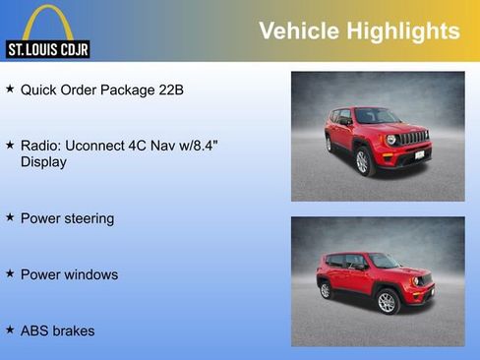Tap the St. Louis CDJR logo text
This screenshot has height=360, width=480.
(x=47, y=48)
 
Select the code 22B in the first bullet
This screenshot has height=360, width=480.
(x=170, y=90)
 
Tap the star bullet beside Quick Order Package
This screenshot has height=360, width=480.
(x=10, y=90)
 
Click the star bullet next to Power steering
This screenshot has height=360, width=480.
(x=10, y=217)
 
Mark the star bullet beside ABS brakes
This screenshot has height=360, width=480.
(x=10, y=330)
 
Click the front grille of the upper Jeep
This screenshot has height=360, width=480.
(x=414, y=138)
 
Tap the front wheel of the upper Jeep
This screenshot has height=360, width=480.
(x=362, y=161)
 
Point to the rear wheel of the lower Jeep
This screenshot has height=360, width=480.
(x=326, y=290)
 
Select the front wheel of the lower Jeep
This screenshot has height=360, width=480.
(x=387, y=301)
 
